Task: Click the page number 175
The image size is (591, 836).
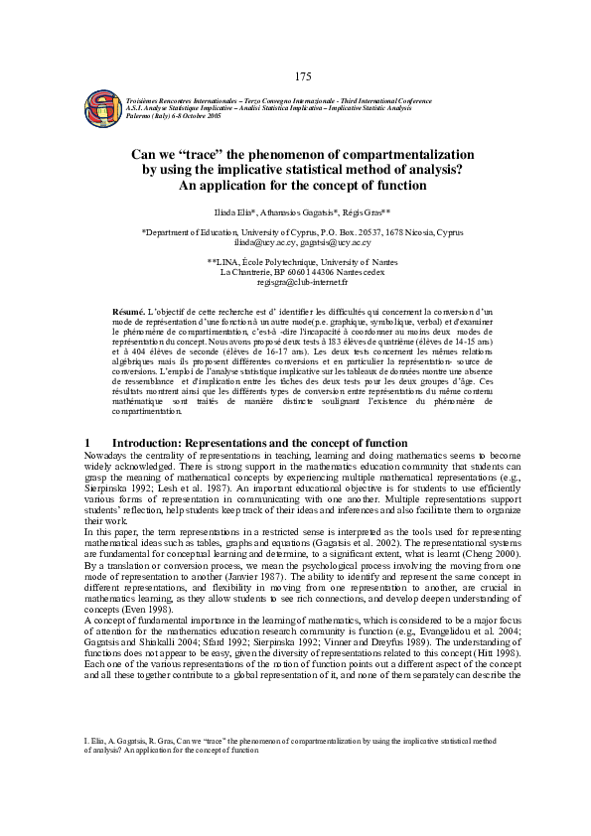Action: (x=304, y=76)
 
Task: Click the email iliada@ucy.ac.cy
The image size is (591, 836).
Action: (x=264, y=241)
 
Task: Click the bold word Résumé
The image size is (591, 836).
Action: (x=129, y=312)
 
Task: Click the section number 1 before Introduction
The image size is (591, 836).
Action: (x=89, y=441)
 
